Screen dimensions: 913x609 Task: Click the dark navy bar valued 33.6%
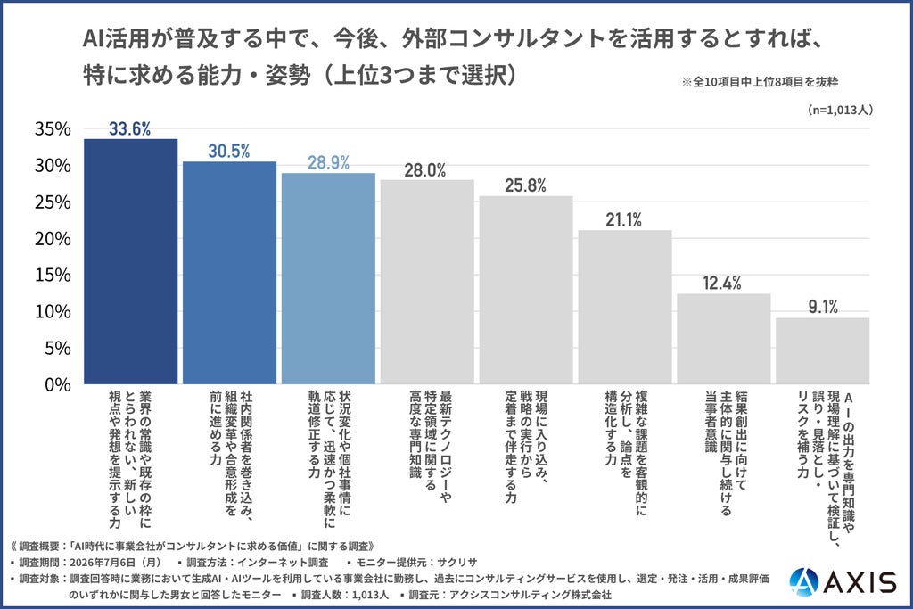point(130,261)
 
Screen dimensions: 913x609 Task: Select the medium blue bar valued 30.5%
point(229,273)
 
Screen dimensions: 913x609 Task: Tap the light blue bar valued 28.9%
point(328,278)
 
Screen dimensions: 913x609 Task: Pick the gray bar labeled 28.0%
point(427,282)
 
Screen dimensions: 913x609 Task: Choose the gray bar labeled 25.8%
point(526,290)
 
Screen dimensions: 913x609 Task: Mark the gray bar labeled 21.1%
point(625,307)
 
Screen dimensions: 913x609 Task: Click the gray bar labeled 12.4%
point(724,339)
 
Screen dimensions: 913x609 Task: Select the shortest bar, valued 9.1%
point(823,351)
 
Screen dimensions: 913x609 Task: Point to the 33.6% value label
point(130,128)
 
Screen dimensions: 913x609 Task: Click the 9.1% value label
point(823,307)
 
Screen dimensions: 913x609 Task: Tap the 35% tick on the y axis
point(53,128)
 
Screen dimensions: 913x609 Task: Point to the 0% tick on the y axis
point(58,384)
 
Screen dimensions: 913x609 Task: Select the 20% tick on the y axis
point(53,238)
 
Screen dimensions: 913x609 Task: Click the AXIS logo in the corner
point(843,581)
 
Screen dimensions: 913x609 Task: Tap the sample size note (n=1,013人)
point(840,110)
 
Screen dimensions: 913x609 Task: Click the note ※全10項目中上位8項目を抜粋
point(760,82)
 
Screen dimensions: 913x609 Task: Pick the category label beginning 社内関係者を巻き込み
point(231,453)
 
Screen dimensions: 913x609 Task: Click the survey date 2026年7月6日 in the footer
point(115,563)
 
